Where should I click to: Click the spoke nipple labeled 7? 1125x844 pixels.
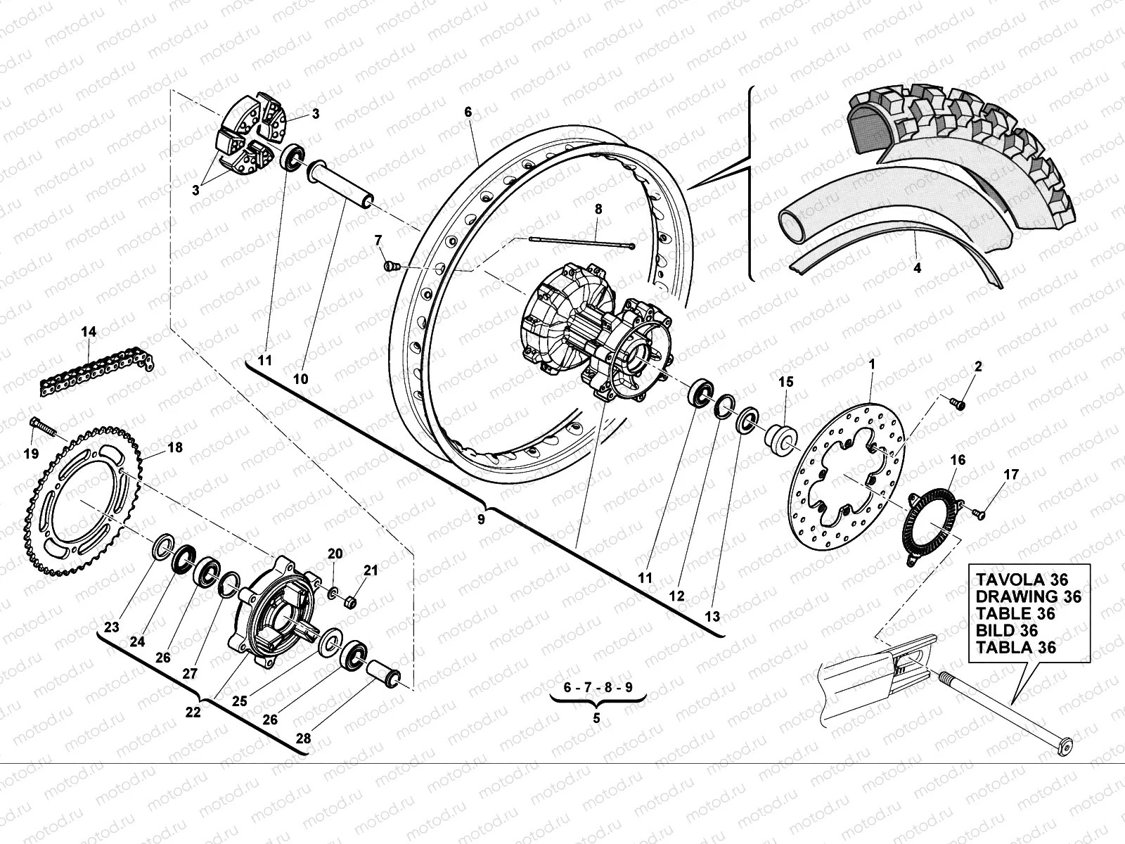click(391, 266)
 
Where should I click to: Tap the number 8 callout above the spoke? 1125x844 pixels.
click(598, 209)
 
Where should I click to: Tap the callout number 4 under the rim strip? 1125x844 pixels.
click(916, 268)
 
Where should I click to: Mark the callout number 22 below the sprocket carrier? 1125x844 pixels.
click(193, 712)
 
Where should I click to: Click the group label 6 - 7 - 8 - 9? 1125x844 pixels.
click(597, 686)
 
